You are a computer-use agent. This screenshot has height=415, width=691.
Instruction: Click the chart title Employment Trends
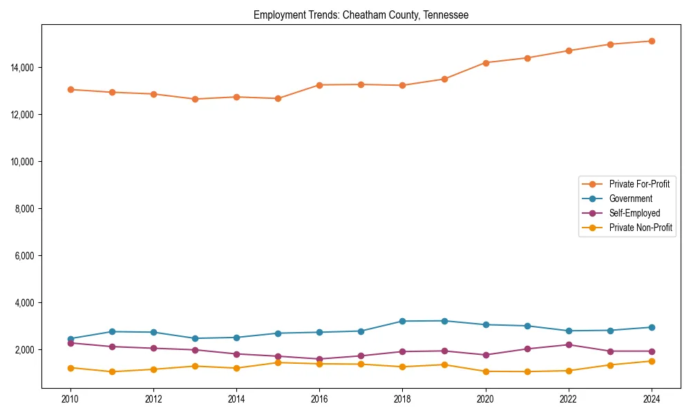point(361,15)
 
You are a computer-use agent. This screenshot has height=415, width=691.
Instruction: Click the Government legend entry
point(630,199)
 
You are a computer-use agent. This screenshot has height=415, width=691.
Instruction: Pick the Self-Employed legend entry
point(634,213)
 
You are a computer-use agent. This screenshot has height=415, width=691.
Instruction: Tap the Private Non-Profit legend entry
point(641,228)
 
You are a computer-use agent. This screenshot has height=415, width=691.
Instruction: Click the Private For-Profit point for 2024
point(652,41)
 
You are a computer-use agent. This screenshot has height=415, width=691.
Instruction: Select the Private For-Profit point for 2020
point(486,63)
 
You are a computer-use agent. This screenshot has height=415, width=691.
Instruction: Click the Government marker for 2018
point(402,321)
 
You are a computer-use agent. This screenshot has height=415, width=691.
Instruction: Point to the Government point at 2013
point(195,338)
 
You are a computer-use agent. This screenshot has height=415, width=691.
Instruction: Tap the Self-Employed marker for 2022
point(569,344)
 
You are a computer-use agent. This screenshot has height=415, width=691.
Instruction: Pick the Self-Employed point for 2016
point(319,359)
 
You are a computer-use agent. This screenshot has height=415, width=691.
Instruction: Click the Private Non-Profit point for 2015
point(278,362)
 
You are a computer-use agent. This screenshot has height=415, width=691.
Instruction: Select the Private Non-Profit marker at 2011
point(112,371)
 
